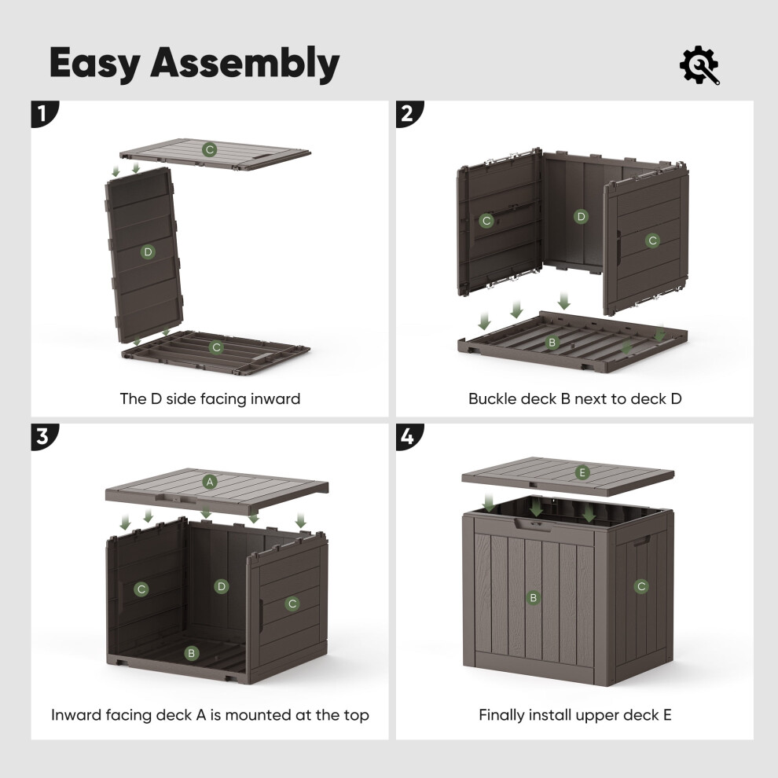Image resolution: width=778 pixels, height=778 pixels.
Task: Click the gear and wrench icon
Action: (x=699, y=65)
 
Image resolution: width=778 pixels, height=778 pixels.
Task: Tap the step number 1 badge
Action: (x=45, y=114)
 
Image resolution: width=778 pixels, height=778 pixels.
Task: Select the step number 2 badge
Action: (x=409, y=114)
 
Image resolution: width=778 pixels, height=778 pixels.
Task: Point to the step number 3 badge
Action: (x=45, y=437)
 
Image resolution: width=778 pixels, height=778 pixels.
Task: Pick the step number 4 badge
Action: (x=409, y=437)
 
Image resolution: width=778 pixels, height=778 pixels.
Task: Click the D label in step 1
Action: (x=148, y=252)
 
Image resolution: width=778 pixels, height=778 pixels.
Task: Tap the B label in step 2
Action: (x=552, y=343)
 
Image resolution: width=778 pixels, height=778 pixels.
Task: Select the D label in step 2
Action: (x=581, y=217)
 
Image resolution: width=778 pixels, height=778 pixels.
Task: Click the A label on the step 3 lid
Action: (x=210, y=482)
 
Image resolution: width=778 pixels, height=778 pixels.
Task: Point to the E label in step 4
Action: (x=582, y=473)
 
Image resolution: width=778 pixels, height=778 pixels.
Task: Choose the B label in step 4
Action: (x=534, y=598)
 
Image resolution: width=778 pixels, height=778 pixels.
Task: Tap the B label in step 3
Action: (x=192, y=653)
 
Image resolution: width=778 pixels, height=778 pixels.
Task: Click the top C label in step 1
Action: (x=209, y=149)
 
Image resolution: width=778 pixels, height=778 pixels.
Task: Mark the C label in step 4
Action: (x=641, y=586)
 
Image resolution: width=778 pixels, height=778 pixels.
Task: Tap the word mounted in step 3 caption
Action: (x=258, y=715)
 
